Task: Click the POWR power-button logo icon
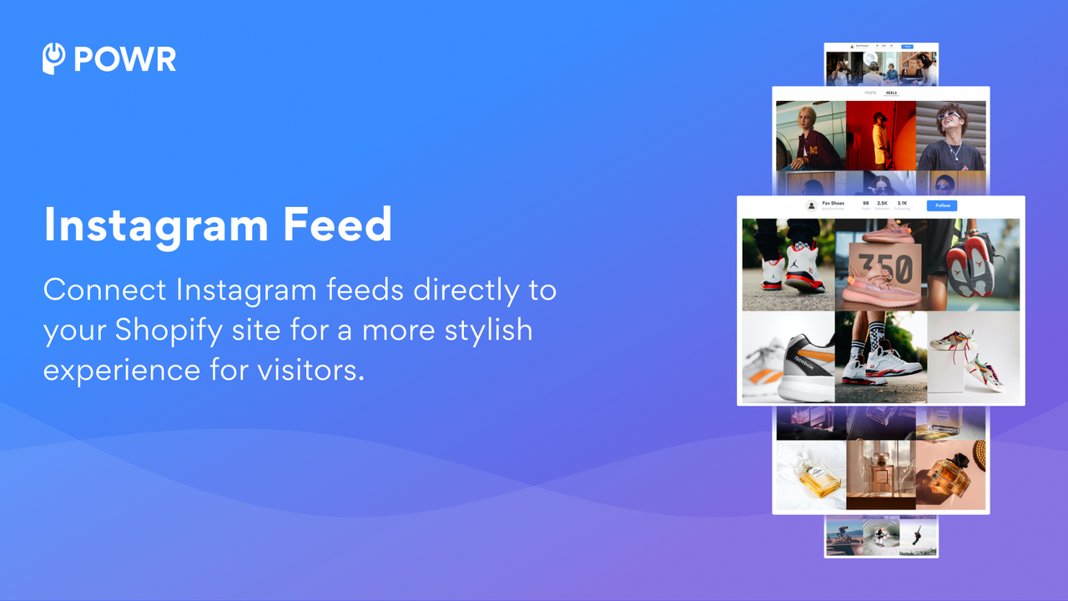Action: [x=54, y=58]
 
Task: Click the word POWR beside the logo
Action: [x=125, y=59]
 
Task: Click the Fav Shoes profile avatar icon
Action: [x=811, y=205]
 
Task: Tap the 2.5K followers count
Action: [x=882, y=203]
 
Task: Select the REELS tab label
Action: [x=891, y=93]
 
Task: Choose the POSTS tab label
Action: [x=870, y=93]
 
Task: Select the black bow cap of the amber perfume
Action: [x=957, y=460]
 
